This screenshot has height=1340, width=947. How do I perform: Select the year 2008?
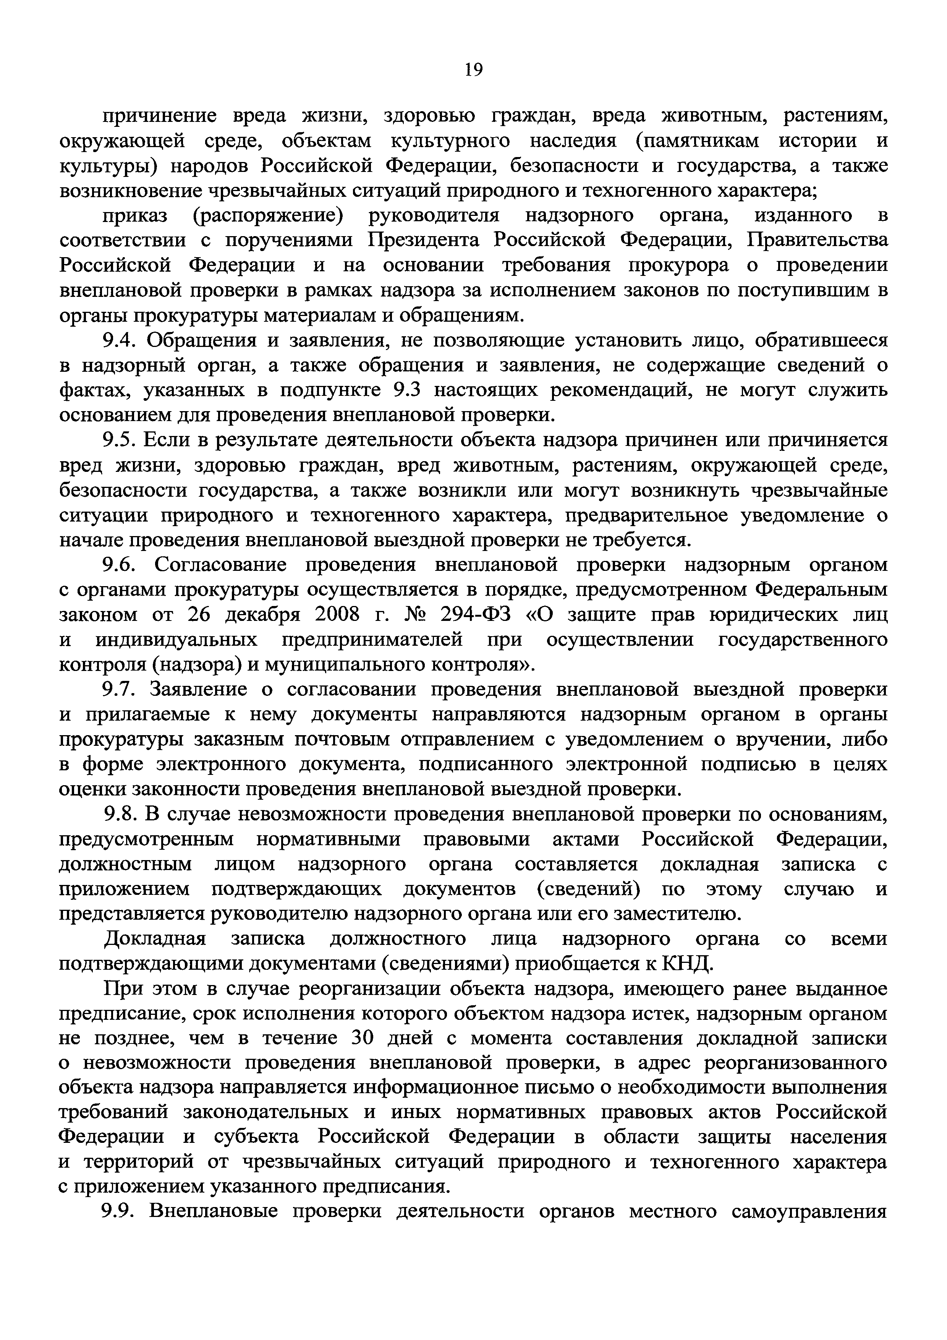click(331, 614)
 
